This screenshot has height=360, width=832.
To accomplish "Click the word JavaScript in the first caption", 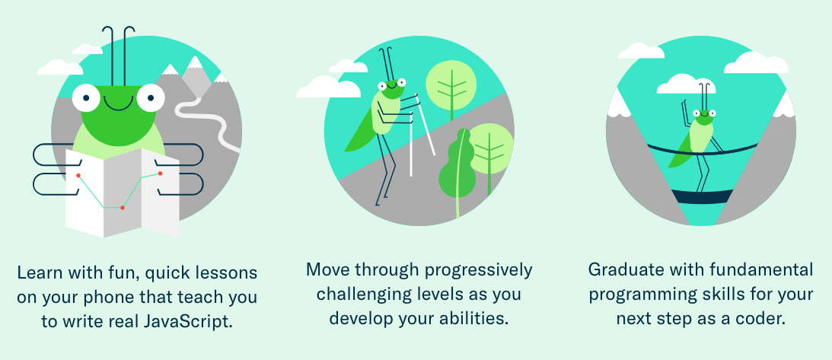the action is [x=188, y=322].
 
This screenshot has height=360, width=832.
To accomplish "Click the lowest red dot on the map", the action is [x=123, y=208].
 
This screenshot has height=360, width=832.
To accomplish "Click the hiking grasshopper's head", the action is [x=391, y=88].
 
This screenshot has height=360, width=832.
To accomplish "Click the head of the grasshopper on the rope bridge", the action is [x=703, y=116].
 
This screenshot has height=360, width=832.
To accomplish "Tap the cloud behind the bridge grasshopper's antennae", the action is [x=686, y=84].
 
